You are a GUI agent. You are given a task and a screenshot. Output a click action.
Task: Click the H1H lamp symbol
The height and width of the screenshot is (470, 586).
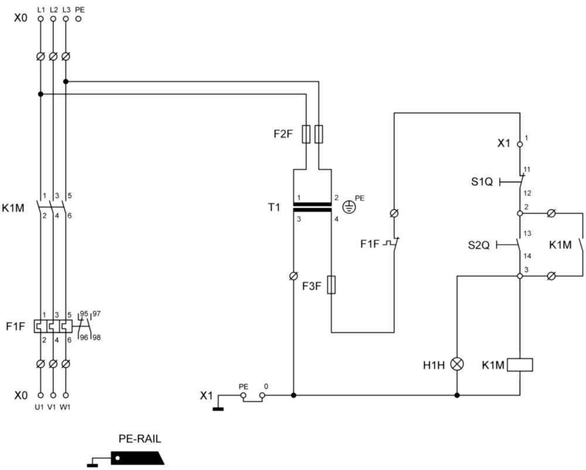pyautogui.click(x=456, y=364)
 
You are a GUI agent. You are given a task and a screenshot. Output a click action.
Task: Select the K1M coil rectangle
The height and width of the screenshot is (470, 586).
pyautogui.click(x=519, y=365)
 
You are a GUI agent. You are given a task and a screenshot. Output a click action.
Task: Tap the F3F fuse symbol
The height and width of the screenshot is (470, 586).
pyautogui.click(x=331, y=285)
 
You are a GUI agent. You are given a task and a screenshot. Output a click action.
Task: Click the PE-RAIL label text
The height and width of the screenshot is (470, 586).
pyautogui.click(x=140, y=438)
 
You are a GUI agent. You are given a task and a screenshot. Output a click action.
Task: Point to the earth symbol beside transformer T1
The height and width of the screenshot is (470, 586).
pyautogui.click(x=349, y=207)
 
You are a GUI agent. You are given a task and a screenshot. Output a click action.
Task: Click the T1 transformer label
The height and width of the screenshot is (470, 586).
pyautogui.click(x=274, y=207)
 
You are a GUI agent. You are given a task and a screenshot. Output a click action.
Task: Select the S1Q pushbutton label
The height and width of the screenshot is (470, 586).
pyautogui.click(x=482, y=182)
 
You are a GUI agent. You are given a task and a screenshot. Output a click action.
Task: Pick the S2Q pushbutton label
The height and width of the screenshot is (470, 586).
pyautogui.click(x=478, y=245)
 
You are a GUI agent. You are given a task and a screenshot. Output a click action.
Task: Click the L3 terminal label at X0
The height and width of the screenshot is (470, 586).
pyautogui.click(x=67, y=9)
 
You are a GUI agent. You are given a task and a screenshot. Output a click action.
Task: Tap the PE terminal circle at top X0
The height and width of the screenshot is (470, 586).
pyautogui.click(x=79, y=18)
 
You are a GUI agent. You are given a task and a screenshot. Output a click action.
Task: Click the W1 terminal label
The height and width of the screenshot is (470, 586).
pyautogui.click(x=65, y=407)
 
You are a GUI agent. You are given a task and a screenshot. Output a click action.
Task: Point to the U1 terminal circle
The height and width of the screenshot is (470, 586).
pyautogui.click(x=41, y=395)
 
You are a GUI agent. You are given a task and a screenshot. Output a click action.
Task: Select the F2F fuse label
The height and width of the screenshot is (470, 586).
pyautogui.click(x=283, y=134)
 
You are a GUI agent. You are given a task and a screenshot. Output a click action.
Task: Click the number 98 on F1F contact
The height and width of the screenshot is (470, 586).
pyautogui.click(x=97, y=338)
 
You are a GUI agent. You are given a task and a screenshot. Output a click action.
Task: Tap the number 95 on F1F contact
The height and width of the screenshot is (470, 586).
pyautogui.click(x=84, y=314)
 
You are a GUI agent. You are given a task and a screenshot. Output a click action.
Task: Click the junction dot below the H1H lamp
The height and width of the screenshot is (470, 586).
pyautogui.click(x=456, y=395)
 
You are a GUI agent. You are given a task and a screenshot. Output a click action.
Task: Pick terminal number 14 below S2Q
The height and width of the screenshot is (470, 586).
pyautogui.click(x=527, y=256)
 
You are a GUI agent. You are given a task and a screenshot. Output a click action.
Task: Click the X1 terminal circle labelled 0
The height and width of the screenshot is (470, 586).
pyautogui.click(x=263, y=395)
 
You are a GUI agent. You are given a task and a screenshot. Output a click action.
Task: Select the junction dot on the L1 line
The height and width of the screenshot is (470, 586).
pyautogui.click(x=41, y=94)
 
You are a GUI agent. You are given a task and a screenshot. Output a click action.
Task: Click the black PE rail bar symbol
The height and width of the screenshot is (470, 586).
pyautogui.click(x=138, y=458)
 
